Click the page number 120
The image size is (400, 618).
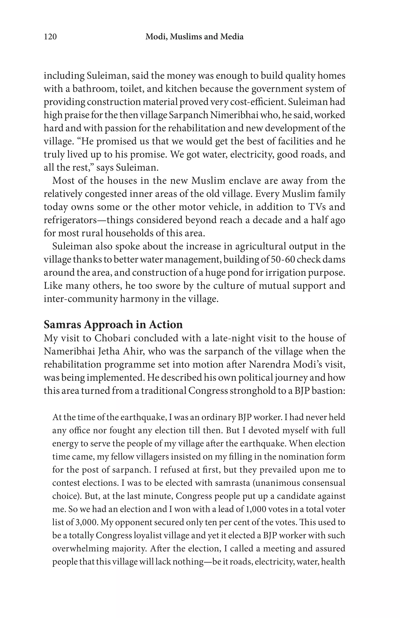tap(50, 37)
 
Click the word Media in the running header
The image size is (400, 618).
tap(232, 37)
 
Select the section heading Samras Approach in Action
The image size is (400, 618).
tap(113, 325)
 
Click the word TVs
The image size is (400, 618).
tap(317, 207)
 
